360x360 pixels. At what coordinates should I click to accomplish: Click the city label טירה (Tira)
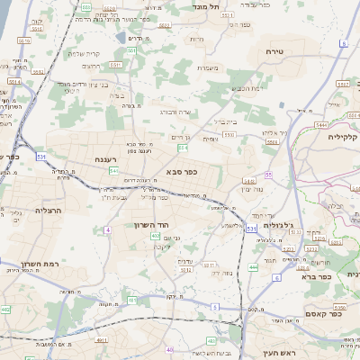(x=275, y=52)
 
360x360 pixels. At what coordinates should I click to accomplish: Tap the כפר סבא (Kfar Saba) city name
(x=182, y=170)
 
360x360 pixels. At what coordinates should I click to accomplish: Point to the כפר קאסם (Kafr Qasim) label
(x=334, y=314)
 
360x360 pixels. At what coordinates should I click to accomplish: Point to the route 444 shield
(x=253, y=266)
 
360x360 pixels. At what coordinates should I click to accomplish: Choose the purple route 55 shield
(x=268, y=175)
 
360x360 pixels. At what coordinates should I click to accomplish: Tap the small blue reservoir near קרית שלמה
(x=121, y=39)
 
